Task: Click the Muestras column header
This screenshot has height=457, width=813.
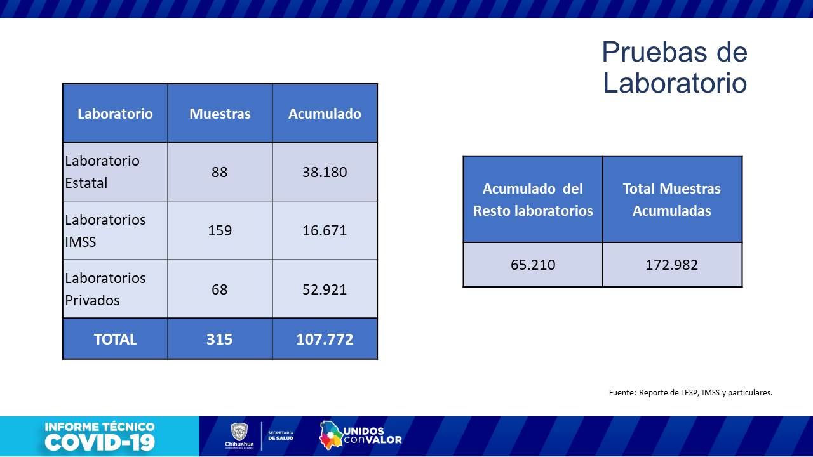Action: (220, 114)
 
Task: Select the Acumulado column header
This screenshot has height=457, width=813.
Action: (325, 114)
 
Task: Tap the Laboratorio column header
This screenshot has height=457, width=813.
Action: (115, 114)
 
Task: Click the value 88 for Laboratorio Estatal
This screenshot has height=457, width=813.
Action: (220, 172)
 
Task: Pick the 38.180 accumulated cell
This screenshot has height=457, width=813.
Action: (325, 172)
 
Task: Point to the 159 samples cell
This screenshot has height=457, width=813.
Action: (220, 230)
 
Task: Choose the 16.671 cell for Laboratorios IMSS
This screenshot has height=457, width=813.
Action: (325, 230)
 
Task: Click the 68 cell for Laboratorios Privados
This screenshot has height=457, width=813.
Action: (220, 289)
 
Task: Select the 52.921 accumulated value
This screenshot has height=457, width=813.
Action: (325, 289)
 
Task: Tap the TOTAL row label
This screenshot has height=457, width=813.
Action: (115, 340)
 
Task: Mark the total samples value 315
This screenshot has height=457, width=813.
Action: (220, 340)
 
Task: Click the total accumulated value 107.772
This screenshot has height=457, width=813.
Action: (325, 340)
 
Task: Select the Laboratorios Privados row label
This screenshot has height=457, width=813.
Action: (105, 289)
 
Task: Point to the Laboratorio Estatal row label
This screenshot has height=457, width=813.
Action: (102, 171)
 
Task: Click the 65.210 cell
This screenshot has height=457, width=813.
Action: (533, 265)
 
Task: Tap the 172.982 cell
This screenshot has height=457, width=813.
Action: (671, 265)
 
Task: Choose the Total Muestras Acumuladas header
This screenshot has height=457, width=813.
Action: (671, 199)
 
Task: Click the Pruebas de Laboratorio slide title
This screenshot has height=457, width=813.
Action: (675, 67)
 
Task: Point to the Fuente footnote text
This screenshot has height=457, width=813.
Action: (690, 393)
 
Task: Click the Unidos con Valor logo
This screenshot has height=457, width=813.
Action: (361, 435)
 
